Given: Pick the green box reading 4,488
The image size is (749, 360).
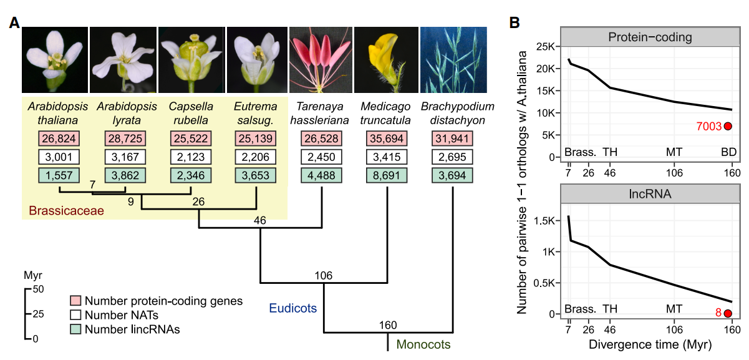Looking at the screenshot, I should pyautogui.click(x=322, y=176).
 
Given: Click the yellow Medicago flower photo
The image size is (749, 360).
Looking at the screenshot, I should pyautogui.click(x=385, y=59).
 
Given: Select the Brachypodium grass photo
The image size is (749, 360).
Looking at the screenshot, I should pyautogui.click(x=453, y=59).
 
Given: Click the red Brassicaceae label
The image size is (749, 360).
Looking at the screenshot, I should pyautogui.click(x=65, y=211).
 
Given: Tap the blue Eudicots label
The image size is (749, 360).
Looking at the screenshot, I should pyautogui.click(x=293, y=308).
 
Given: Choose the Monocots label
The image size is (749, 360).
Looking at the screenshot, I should pyautogui.click(x=423, y=344).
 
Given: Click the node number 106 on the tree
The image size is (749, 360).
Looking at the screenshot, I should pyautogui.click(x=324, y=275).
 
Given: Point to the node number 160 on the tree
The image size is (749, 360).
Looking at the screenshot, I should pyautogui.click(x=388, y=324).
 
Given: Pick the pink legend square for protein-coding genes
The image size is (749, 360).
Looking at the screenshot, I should pyautogui.click(x=76, y=301).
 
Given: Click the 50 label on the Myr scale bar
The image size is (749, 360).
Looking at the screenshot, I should pyautogui.click(x=37, y=289).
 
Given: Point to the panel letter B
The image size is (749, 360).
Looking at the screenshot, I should pyautogui.click(x=515, y=23).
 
